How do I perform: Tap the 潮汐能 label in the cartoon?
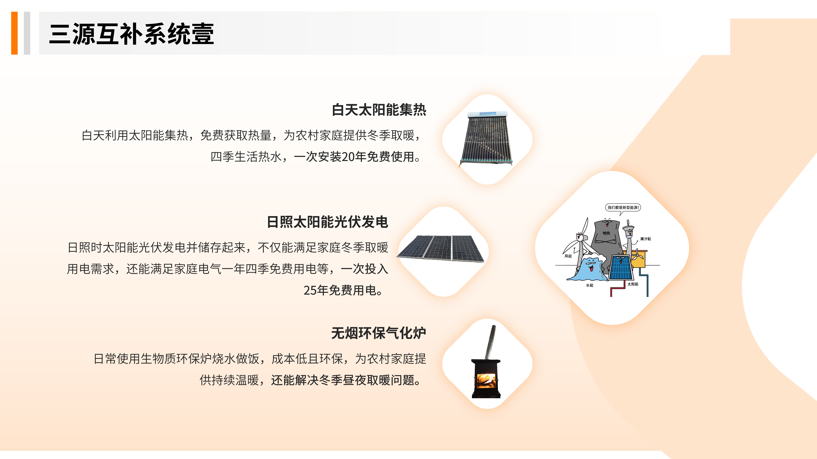[x=645, y=239]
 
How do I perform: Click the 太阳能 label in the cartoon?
[x=633, y=284]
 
